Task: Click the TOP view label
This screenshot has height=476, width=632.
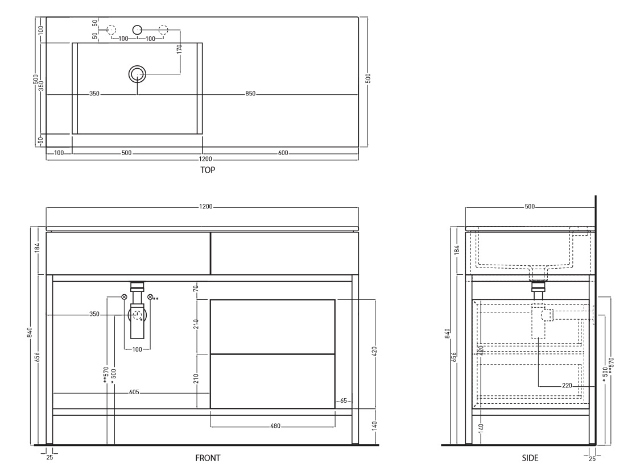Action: pos(208,170)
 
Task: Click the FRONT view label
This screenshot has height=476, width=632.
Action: pos(208,458)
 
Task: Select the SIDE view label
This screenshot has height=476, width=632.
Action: pos(530,458)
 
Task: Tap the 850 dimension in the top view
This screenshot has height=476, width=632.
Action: pos(250,94)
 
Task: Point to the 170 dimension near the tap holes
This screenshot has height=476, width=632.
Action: pos(180,49)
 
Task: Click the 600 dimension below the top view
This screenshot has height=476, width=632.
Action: pos(283,153)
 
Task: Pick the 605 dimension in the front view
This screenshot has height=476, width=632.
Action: pos(134,392)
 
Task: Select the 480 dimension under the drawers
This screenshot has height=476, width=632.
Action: pos(275,426)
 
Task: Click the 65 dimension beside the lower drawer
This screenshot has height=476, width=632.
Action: pos(344,401)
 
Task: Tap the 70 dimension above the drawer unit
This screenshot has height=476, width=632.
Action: pos(196,288)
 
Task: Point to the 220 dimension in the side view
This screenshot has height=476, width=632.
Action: pos(567,386)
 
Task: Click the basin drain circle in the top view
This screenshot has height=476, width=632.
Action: pos(138,74)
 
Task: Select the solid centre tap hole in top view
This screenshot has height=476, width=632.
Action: pos(138,30)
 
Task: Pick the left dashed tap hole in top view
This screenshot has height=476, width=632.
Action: pos(111,30)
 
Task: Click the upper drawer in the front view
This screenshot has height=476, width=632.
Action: pos(272,327)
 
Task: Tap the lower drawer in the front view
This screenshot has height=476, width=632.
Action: pos(272,382)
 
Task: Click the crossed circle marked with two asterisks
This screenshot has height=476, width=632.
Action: pos(150,297)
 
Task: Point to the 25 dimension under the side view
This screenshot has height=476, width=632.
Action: pos(592,458)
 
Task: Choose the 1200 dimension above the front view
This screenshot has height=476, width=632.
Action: pos(205,207)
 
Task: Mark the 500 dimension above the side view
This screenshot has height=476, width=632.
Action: pos(530,206)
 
